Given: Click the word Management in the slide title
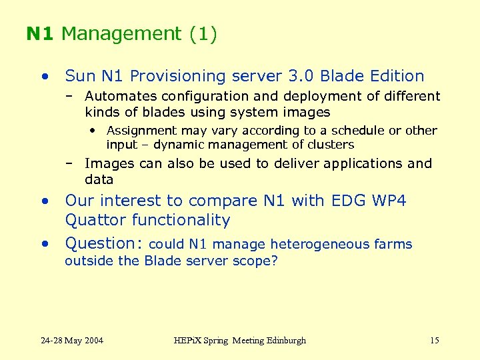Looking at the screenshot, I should point(121,34).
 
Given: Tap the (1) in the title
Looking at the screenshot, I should point(203,34).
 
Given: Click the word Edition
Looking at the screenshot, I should point(396,77).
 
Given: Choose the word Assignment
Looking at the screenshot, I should point(141,131).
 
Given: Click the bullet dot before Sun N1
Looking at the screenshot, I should point(44,76).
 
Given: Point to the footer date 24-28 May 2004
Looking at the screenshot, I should point(72,341).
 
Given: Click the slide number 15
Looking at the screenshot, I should point(435,341).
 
